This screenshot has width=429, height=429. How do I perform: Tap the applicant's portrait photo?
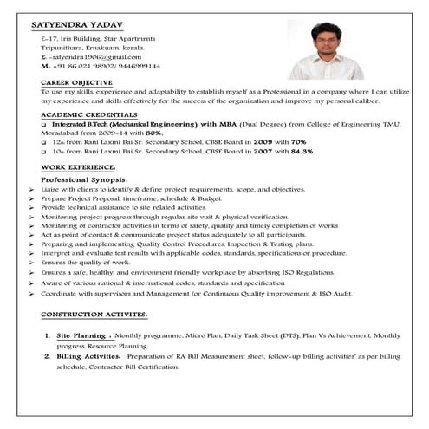tap(325, 44)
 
